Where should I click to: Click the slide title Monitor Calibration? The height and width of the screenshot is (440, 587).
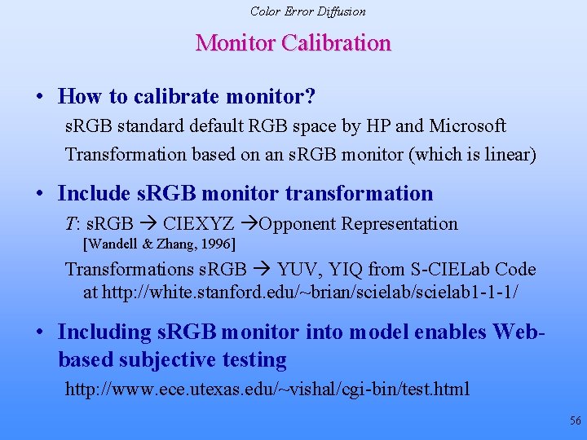[293, 42]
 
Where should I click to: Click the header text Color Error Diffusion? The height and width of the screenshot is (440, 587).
[307, 11]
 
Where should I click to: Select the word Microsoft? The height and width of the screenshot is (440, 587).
[468, 126]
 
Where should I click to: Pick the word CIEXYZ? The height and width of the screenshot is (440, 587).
[198, 224]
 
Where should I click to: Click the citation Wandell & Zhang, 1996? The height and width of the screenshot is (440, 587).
[160, 243]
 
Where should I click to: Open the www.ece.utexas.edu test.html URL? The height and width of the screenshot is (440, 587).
[267, 389]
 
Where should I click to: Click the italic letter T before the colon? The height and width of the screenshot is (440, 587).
[69, 224]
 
